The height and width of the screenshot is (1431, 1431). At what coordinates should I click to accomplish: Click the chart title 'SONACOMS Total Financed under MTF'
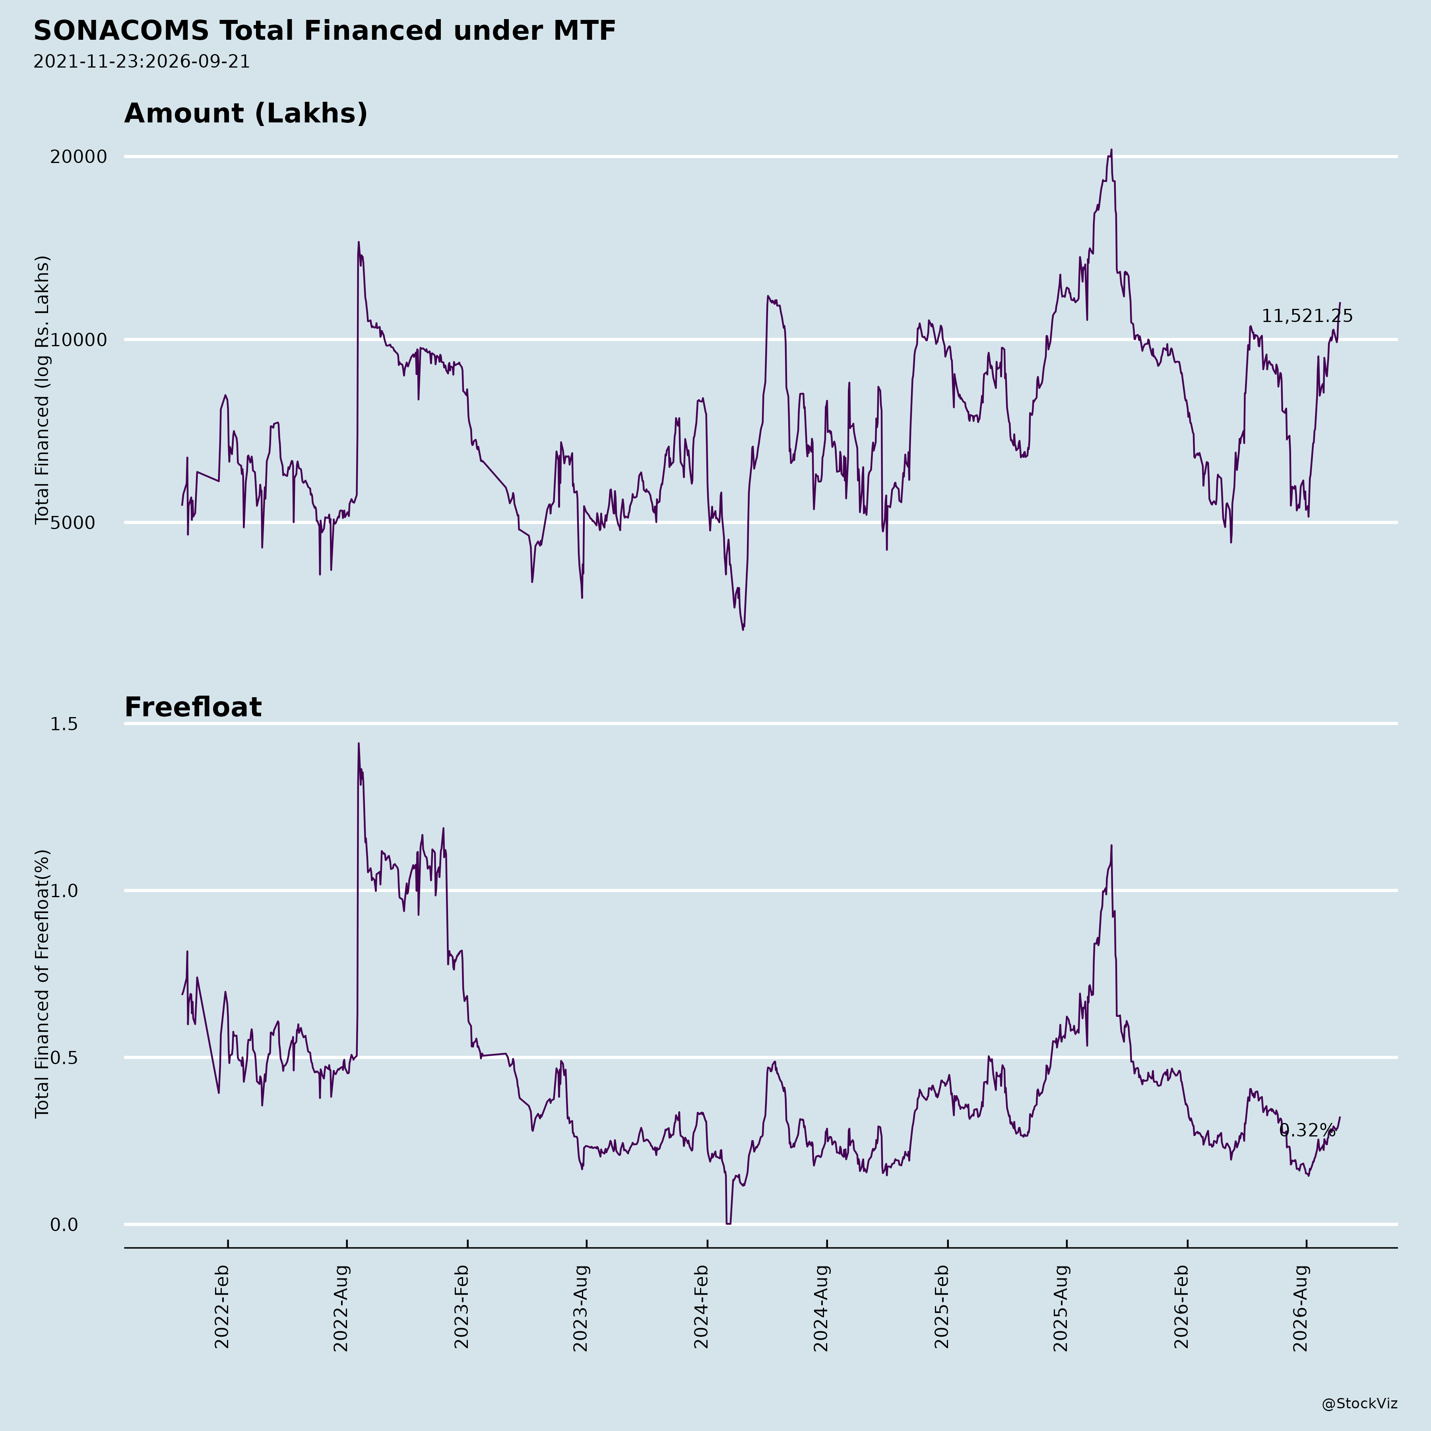click(324, 31)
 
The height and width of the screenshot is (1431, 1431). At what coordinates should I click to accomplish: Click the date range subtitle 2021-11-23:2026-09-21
click(142, 62)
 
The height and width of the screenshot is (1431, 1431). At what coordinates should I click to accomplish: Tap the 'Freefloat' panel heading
click(192, 708)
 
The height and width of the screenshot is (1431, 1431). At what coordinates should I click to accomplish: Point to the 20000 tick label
click(79, 157)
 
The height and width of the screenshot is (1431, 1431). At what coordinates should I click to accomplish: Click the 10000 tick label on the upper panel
click(79, 341)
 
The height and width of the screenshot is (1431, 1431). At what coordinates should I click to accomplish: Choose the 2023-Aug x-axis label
click(581, 1309)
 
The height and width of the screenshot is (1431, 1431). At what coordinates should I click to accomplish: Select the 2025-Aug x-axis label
click(1061, 1309)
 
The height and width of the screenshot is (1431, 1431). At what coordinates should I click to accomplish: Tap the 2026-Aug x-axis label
click(1301, 1309)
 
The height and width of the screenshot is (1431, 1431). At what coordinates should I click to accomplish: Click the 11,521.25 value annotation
click(1307, 316)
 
